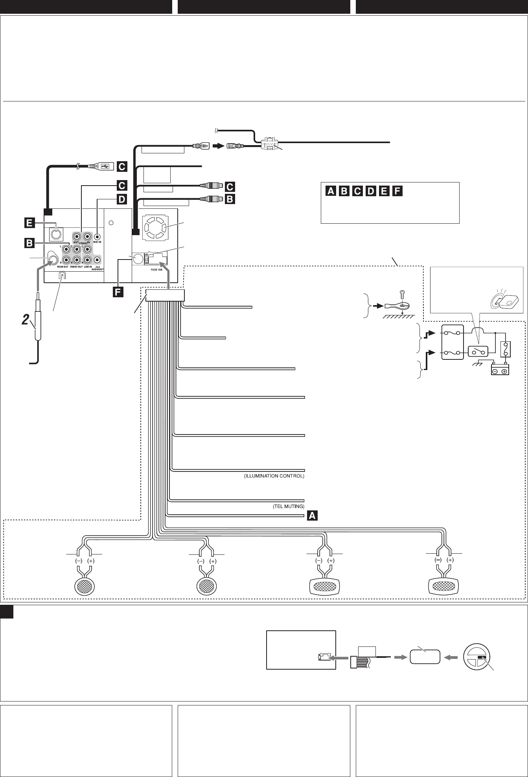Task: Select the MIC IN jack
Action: [98, 237]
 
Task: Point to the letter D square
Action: [121, 199]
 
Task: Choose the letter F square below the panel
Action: [119, 292]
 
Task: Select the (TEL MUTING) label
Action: [289, 507]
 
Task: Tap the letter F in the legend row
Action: [397, 191]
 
